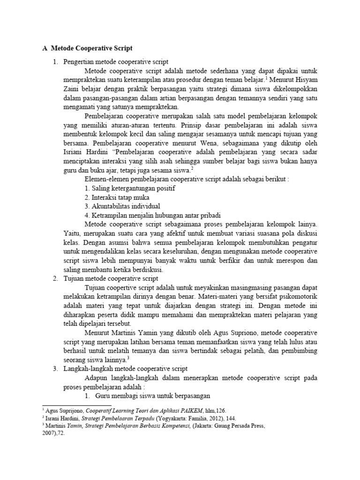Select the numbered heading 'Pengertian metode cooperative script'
(x=116, y=62)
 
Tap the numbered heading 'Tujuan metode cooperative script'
(x=111, y=278)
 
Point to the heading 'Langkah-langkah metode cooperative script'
(x=126, y=369)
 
